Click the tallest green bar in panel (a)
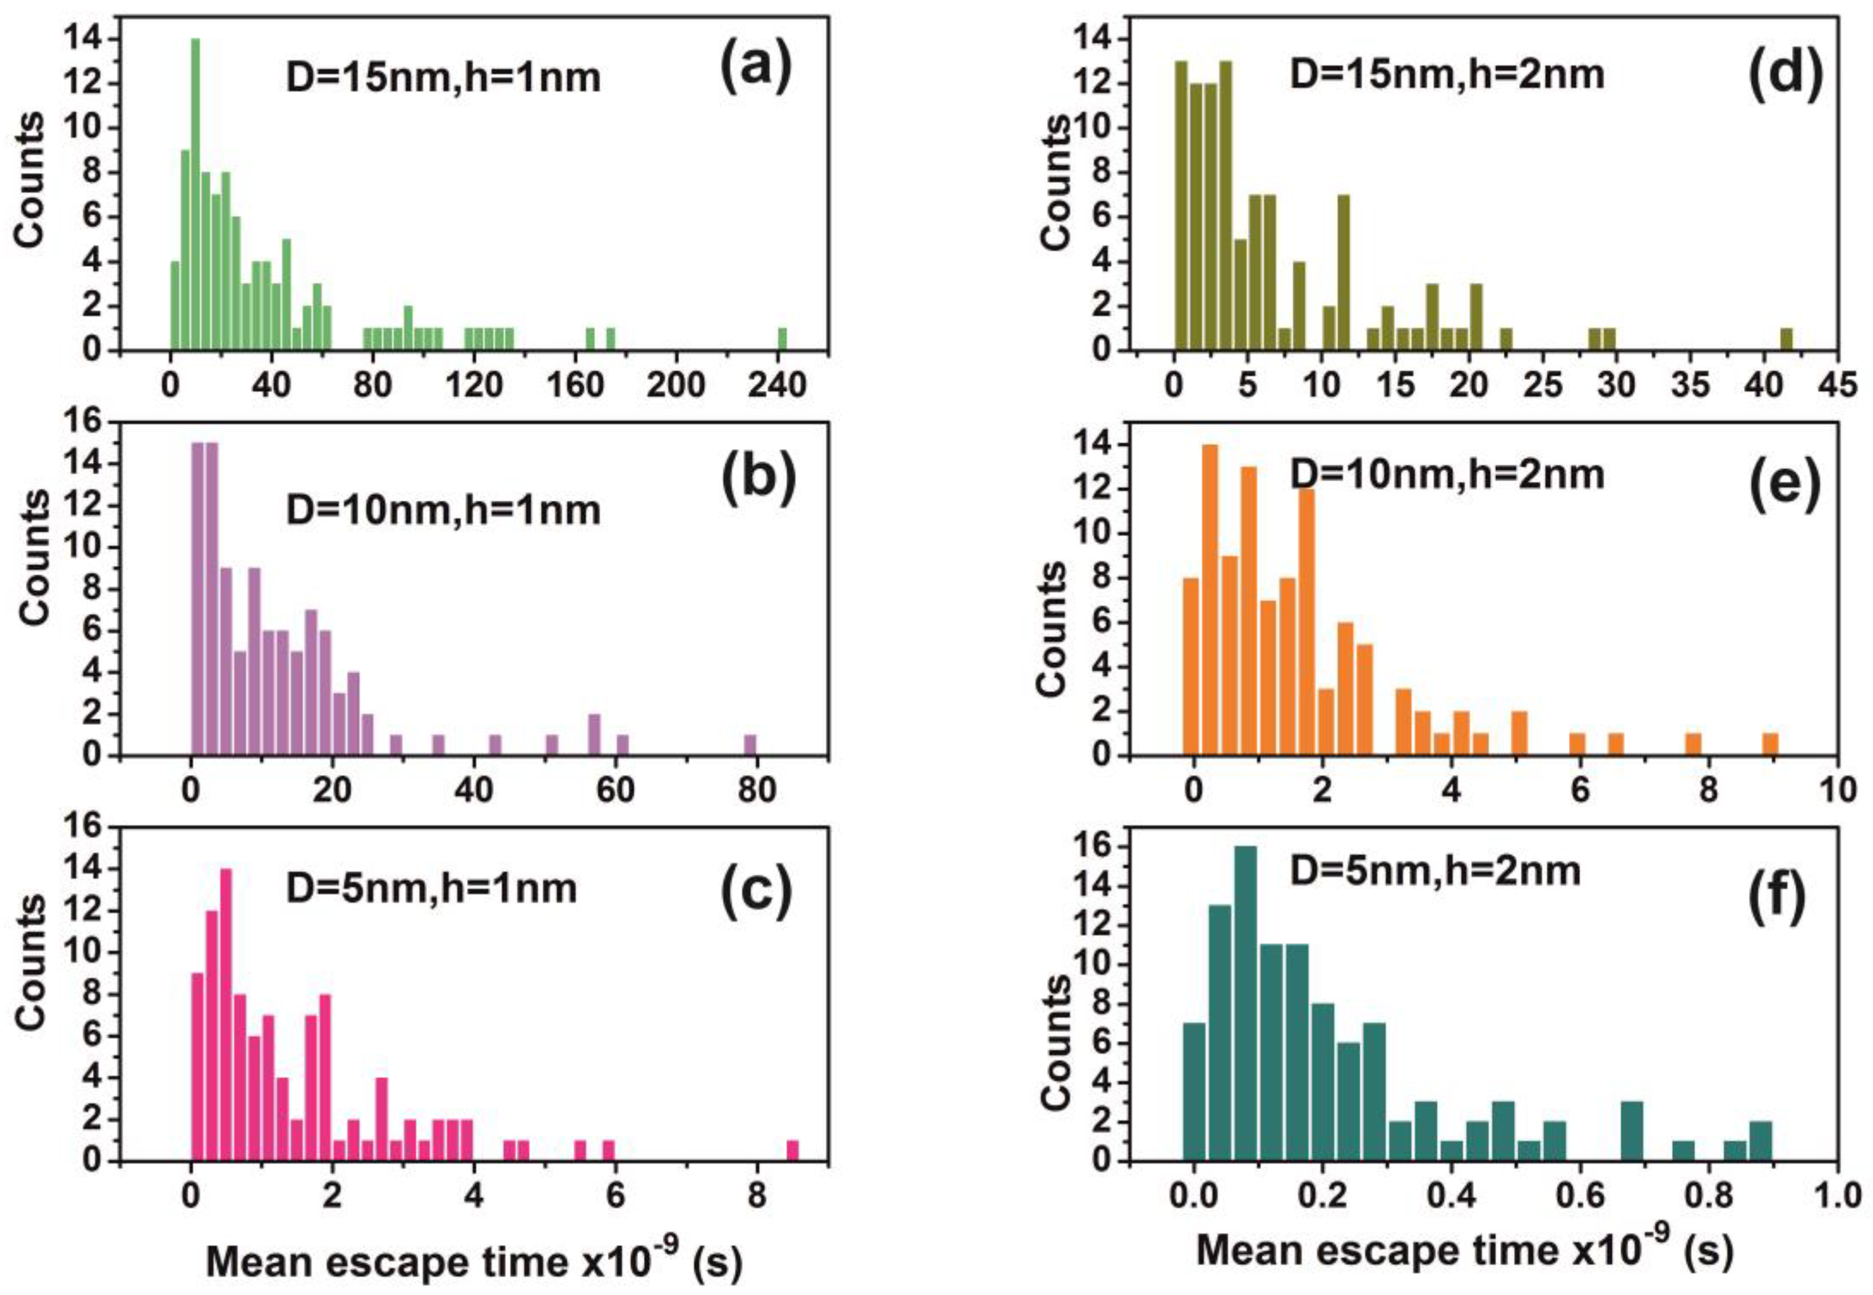point(195,195)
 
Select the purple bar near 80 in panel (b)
point(750,745)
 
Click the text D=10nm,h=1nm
point(443,510)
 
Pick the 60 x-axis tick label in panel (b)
point(615,789)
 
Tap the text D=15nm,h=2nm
point(1447,75)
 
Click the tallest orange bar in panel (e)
point(1210,601)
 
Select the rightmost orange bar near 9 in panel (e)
point(1770,744)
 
